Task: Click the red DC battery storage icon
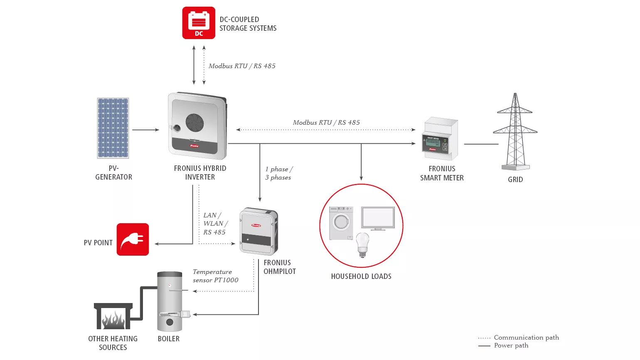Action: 199,23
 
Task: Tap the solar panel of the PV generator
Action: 113,128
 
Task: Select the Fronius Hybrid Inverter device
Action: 197,126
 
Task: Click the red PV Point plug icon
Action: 133,239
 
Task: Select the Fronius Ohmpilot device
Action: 258,231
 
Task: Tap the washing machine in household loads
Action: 341,223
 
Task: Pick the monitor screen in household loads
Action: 378,218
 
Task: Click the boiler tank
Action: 170,301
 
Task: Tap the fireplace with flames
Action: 113,317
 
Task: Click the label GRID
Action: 515,180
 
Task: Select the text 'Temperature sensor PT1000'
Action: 215,276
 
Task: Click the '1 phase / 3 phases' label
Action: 279,173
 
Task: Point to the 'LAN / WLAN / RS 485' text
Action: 215,224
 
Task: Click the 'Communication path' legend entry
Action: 526,338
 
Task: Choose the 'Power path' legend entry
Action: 511,345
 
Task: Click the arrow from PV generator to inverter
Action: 145,130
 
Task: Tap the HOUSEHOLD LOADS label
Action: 361,276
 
